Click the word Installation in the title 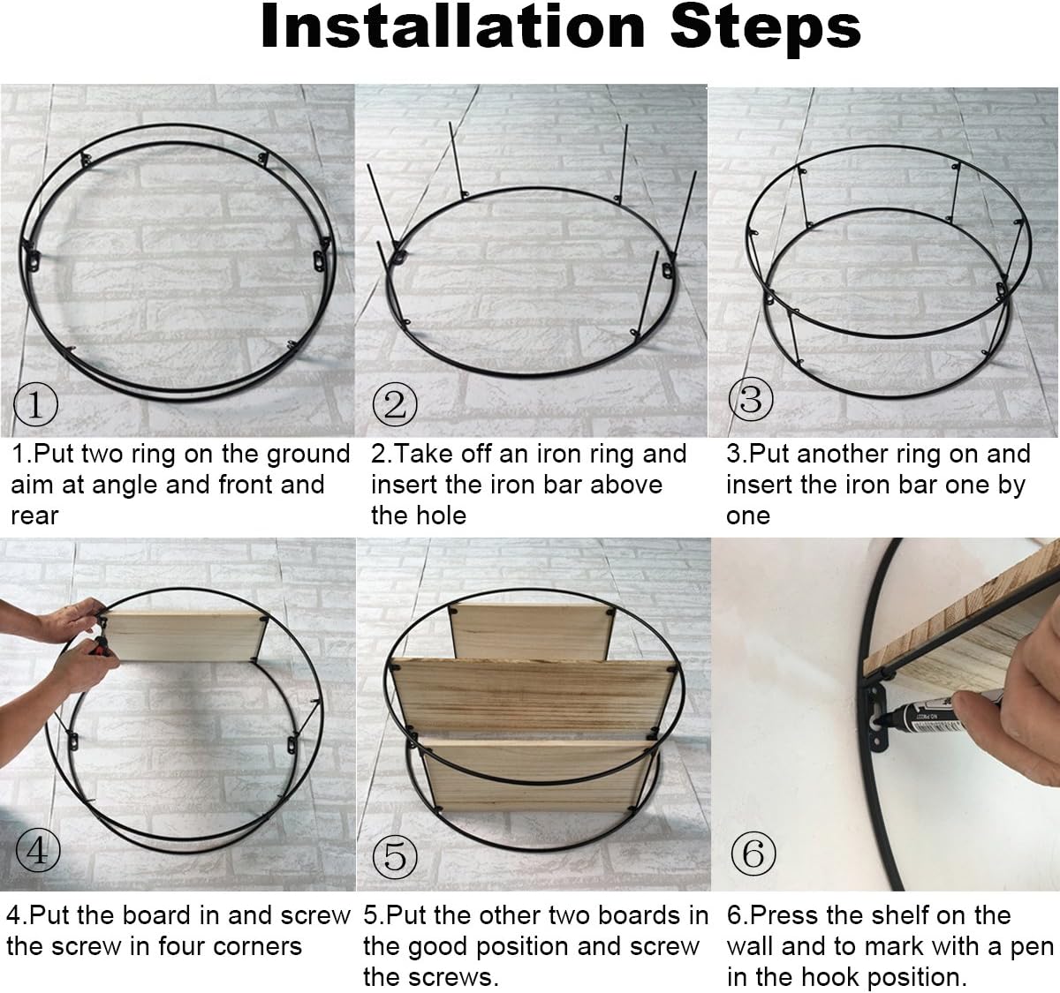453,27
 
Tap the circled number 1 35,404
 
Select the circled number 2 395,404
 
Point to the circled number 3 751,400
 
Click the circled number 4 38,850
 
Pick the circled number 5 396,856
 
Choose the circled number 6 753,854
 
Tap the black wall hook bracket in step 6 876,717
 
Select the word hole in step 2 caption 446,515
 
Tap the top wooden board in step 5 532,631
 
